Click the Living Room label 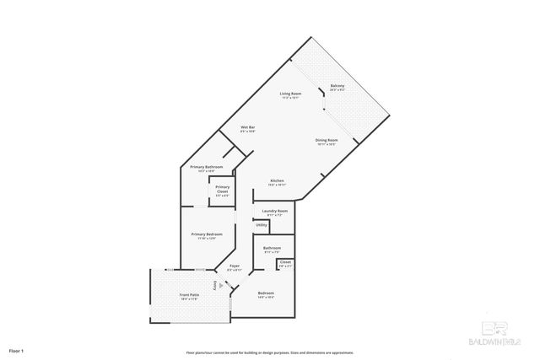point(291,93)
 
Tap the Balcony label point(337,85)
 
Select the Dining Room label point(327,139)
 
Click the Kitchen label point(276,180)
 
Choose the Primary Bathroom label point(206,167)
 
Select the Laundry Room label point(275,210)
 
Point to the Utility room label point(262,225)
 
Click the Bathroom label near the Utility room point(273,247)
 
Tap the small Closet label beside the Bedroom point(284,263)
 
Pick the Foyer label point(235,266)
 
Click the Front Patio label point(189,294)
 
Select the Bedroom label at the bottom point(265,294)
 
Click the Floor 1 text point(17,350)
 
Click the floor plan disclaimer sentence point(270,352)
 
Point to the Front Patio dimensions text point(189,298)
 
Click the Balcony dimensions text point(337,89)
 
